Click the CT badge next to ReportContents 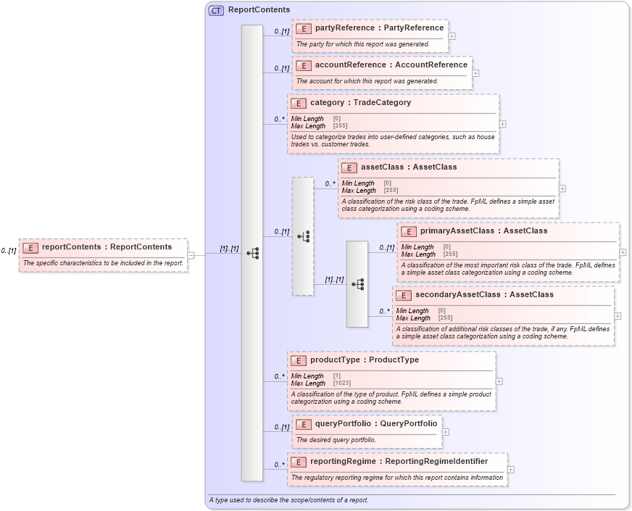(x=216, y=10)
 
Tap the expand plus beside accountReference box (x=475, y=72)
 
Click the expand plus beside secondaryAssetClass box (x=618, y=316)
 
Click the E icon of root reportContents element (x=30, y=247)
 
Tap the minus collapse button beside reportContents (x=191, y=255)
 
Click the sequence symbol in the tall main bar (x=252, y=253)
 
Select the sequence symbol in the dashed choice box (x=303, y=236)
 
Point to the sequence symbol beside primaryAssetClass (x=357, y=284)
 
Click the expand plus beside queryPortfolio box (x=445, y=432)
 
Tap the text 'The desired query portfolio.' (x=336, y=440)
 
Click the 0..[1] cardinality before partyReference (x=281, y=32)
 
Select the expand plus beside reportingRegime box (x=511, y=469)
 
